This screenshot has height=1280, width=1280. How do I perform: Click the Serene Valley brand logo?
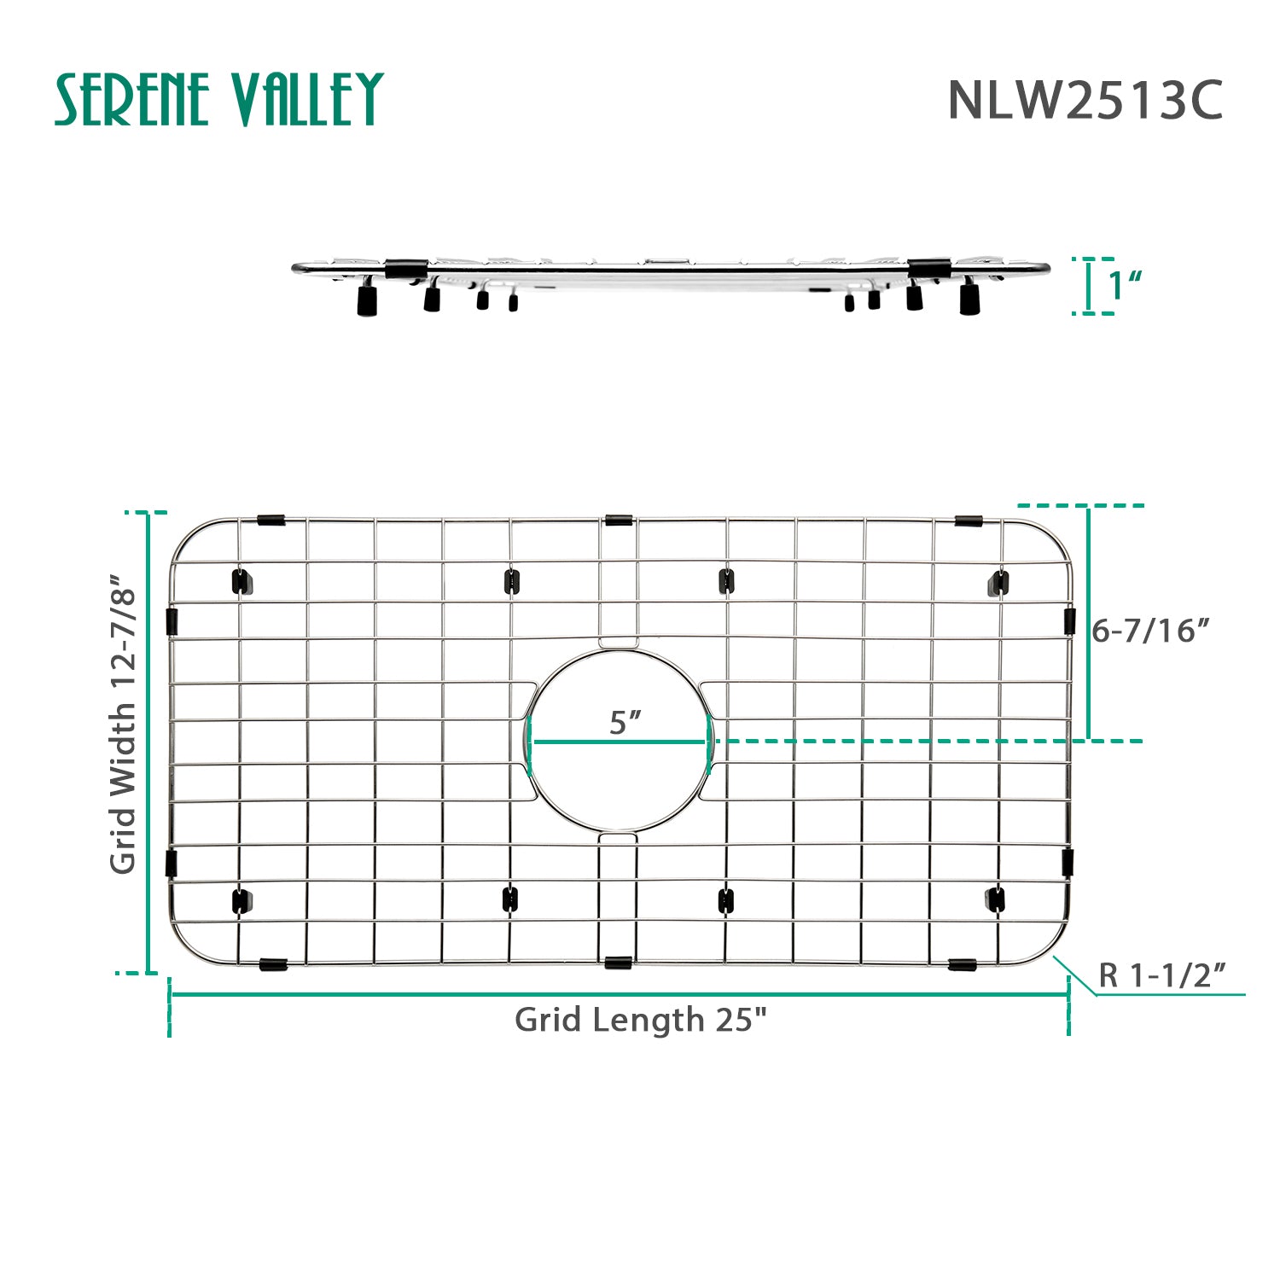click(219, 99)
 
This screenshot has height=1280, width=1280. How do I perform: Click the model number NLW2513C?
click(1085, 101)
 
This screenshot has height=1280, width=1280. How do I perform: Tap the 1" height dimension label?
click(1126, 286)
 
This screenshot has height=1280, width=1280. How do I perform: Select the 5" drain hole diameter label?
click(624, 723)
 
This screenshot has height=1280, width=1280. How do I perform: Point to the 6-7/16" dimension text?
click(1150, 631)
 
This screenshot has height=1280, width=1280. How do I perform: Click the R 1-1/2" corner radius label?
click(1161, 975)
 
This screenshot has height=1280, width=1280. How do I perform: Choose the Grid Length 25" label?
click(641, 1020)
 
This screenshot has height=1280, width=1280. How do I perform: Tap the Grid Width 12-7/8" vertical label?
click(124, 724)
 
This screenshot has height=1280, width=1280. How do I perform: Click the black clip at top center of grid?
click(619, 520)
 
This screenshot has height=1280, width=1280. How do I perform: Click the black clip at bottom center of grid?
click(618, 963)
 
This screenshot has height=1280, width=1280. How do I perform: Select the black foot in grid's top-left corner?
click(241, 582)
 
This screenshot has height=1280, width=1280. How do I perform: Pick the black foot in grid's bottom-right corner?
click(996, 899)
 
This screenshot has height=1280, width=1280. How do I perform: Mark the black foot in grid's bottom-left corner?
click(241, 900)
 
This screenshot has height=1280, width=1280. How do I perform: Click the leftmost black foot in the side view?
click(367, 301)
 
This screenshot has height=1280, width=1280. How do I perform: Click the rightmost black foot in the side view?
click(969, 300)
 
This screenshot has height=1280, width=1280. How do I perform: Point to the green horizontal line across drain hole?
click(620, 742)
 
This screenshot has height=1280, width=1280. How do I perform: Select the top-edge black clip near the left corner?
click(271, 520)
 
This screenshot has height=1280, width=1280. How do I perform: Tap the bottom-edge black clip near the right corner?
click(963, 964)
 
